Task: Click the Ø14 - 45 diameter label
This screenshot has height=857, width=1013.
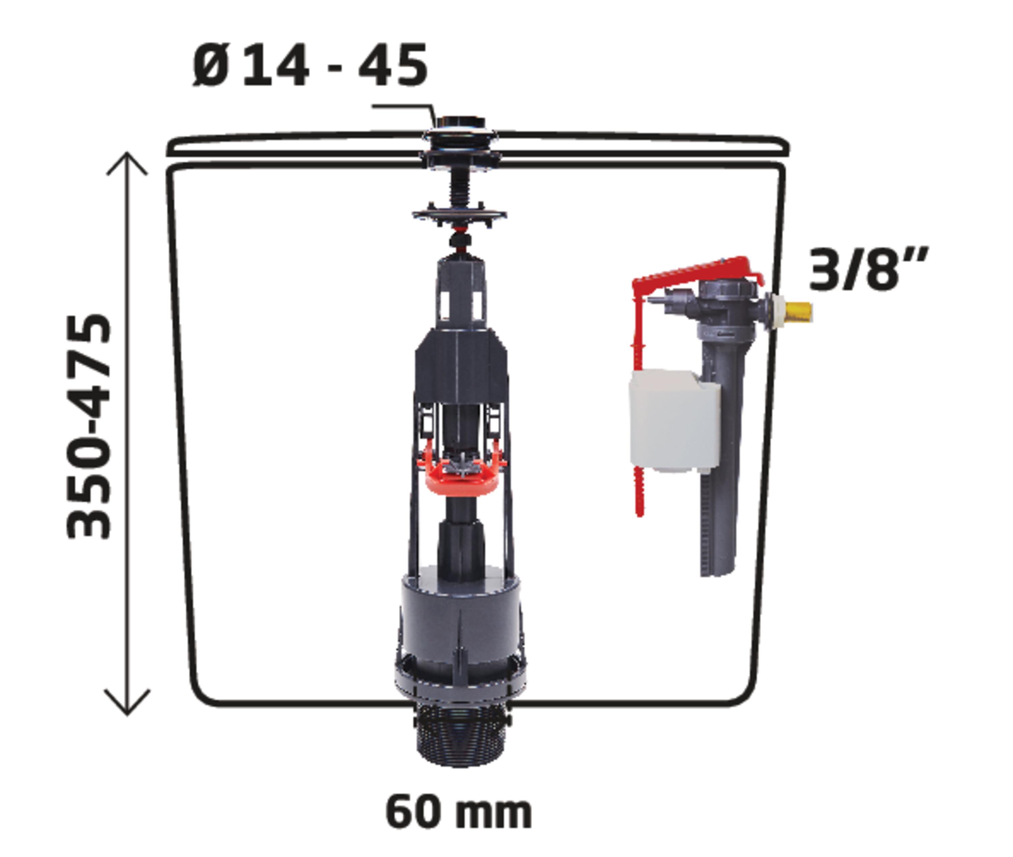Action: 310,65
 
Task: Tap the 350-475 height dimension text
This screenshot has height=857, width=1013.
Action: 89,426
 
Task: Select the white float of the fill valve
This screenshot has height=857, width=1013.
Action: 675,421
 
